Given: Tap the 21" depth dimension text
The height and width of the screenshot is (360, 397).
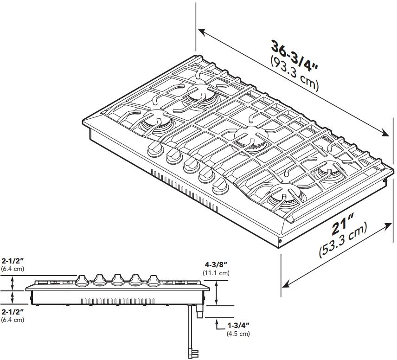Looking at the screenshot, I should pyautogui.click(x=343, y=227).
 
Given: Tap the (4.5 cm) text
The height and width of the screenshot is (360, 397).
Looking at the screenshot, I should pyautogui.click(x=238, y=334).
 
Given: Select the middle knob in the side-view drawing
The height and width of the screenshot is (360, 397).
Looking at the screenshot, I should pyautogui.click(x=117, y=279).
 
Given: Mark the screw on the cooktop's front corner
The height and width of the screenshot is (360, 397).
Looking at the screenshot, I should pyautogui.click(x=280, y=241).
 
